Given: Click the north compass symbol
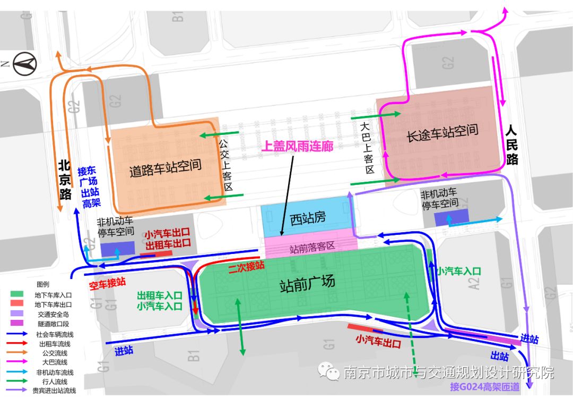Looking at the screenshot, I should point(24,65).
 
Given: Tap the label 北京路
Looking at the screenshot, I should point(65,180).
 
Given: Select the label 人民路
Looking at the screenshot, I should point(511,145).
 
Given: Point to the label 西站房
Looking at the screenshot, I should point(307,218).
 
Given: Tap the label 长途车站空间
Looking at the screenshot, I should point(442,132).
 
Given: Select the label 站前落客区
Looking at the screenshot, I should point(312,247).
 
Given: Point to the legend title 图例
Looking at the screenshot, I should point(43,284).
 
